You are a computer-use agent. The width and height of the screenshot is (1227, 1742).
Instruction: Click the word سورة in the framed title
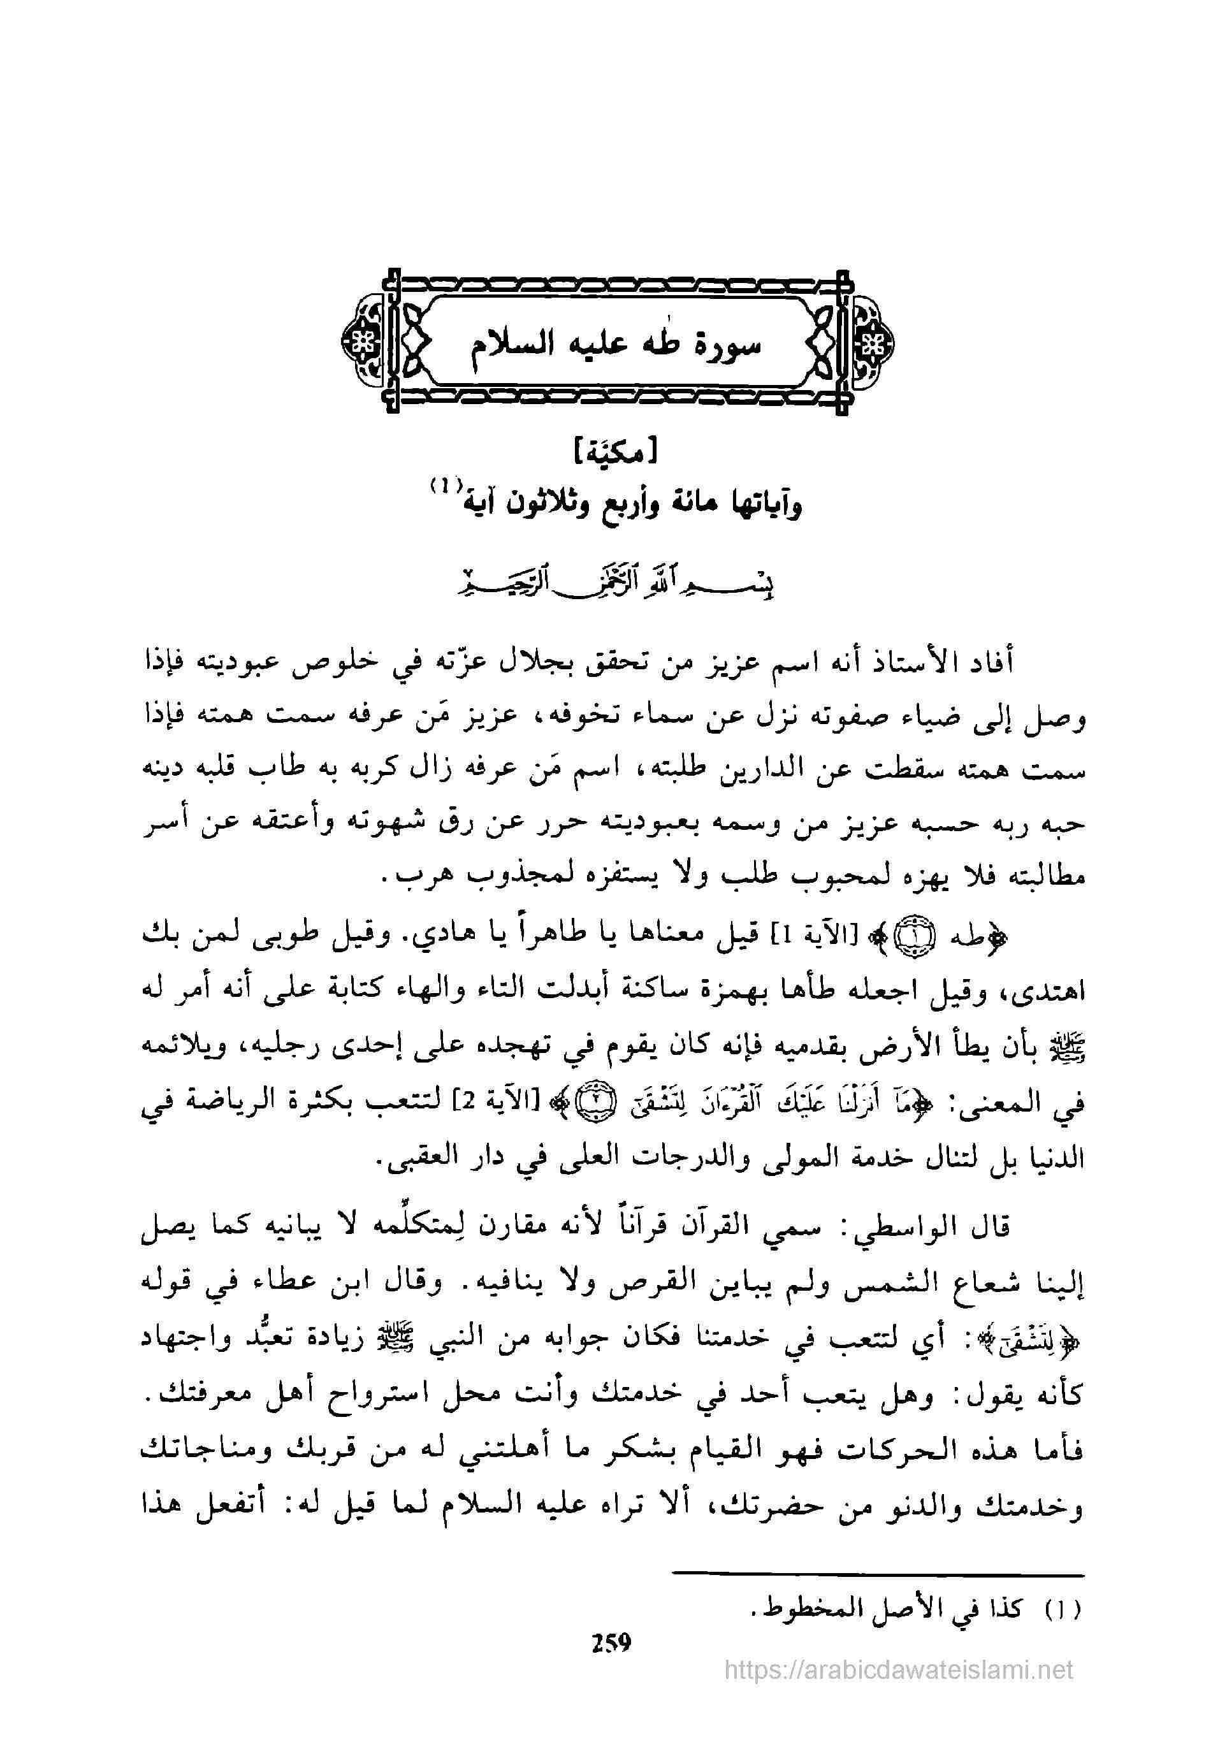pyautogui.click(x=725, y=347)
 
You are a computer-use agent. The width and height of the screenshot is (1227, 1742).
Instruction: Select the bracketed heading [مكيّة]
pyautogui.click(x=614, y=454)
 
